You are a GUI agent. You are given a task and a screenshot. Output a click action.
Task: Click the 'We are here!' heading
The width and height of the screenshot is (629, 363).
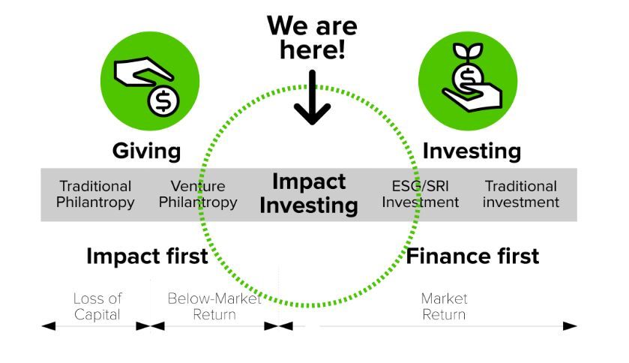click(x=312, y=37)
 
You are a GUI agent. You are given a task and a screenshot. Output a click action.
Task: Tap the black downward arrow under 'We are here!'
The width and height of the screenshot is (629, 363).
click(x=312, y=97)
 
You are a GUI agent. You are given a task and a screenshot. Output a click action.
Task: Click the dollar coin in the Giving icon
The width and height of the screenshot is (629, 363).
click(x=163, y=101)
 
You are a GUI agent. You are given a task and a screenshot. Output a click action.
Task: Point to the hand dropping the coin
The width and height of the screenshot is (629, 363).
click(x=144, y=72)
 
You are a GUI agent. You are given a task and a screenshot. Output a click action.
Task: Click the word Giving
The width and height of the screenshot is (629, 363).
click(x=146, y=151)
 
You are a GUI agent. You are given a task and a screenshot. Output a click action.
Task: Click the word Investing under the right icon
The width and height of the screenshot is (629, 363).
click(x=472, y=151)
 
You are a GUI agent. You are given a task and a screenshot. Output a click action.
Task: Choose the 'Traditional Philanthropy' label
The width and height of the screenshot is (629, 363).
click(x=95, y=194)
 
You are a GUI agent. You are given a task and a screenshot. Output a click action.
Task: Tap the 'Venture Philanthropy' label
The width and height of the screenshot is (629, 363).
click(x=198, y=194)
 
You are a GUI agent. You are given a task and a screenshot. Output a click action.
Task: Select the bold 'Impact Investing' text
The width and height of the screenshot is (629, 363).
click(x=309, y=193)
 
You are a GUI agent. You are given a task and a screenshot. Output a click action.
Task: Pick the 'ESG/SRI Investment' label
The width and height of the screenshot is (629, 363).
click(x=420, y=194)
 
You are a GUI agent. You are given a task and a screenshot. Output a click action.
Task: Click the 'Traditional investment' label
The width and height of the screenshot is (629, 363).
click(x=521, y=194)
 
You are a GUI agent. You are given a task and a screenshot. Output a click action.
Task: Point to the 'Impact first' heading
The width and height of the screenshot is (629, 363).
click(x=147, y=256)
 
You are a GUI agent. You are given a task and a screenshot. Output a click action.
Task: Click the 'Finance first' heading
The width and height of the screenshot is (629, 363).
click(x=472, y=256)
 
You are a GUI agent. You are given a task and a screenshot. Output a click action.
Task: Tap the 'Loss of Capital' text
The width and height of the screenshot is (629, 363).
click(x=97, y=307)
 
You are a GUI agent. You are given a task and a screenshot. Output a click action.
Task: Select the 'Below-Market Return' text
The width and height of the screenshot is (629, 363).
click(x=214, y=307)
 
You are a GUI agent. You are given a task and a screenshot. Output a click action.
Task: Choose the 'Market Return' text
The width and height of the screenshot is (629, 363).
click(x=444, y=307)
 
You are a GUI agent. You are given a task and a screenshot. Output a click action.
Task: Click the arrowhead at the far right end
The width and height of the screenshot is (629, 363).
click(x=570, y=326)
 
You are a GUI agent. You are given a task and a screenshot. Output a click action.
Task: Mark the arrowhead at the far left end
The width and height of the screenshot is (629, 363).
click(x=49, y=326)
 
